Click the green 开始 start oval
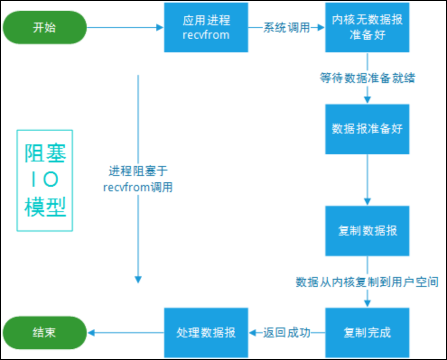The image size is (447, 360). coord(44,28)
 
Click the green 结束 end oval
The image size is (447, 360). coord(44,332)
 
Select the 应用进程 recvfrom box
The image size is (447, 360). coord(206,28)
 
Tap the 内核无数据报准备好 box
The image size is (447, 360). coord(367,28)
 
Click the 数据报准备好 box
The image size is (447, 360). coord(367,129)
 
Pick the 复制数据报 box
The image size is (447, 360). coord(367,231)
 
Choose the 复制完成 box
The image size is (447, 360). coord(367,332)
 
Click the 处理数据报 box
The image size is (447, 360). coord(206,332)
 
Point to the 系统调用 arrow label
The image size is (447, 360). coord(287,28)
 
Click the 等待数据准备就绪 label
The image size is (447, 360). coord(367,78)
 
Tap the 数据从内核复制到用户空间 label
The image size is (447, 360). coord(367,282)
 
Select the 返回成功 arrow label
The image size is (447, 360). coord(287,333)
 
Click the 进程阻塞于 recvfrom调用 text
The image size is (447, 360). coord(138,179)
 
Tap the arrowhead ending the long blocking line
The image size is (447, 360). coord(138,280)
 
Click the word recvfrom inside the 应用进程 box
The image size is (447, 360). coord(206,35)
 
